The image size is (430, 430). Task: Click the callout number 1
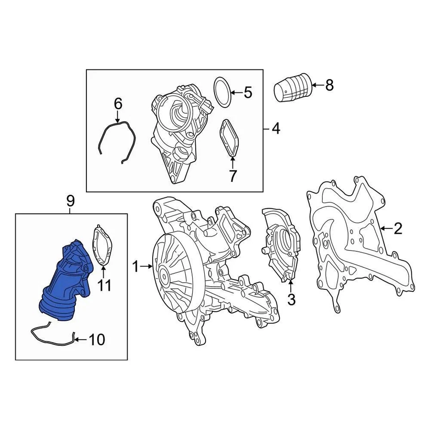pyautogui.click(x=135, y=267)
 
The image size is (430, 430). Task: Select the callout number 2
pyautogui.click(x=398, y=229)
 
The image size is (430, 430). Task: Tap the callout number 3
pyautogui.click(x=291, y=299)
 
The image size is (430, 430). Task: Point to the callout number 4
pyautogui.click(x=276, y=129)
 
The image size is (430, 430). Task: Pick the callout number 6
pyautogui.click(x=118, y=104)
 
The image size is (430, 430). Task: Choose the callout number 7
pyautogui.click(x=232, y=176)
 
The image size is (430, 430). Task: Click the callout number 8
pyautogui.click(x=329, y=85)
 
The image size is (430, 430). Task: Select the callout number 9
pyautogui.click(x=71, y=202)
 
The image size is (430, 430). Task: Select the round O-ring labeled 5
pyautogui.click(x=222, y=92)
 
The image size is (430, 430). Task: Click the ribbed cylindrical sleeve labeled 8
pyautogui.click(x=292, y=88)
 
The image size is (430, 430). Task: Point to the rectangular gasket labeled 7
pyautogui.click(x=230, y=138)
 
